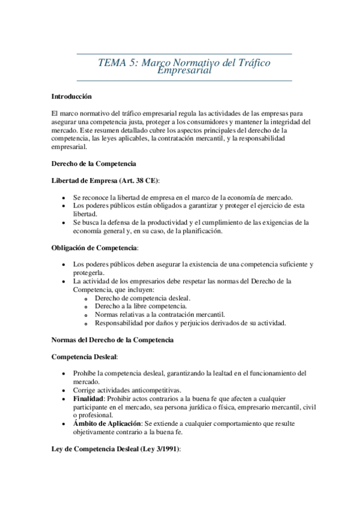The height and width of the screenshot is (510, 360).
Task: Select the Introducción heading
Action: click(x=72, y=96)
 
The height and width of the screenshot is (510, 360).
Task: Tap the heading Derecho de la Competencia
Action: click(x=94, y=164)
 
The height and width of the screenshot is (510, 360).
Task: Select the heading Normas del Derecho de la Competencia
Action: click(x=113, y=340)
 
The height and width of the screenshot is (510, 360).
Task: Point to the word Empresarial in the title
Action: click(x=184, y=71)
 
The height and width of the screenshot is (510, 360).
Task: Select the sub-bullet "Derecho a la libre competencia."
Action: click(x=141, y=306)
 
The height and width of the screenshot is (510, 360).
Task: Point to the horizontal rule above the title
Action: click(x=185, y=54)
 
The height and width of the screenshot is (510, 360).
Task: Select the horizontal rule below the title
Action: click(x=185, y=80)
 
